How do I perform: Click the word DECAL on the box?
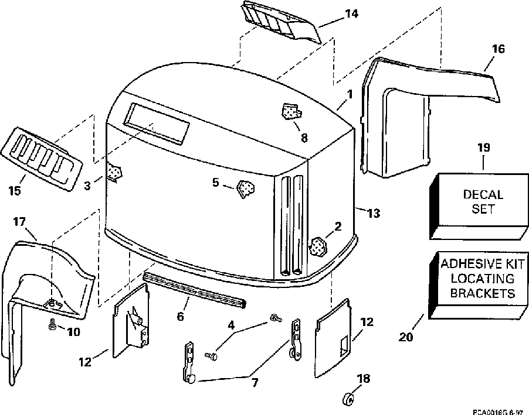coord(483,194)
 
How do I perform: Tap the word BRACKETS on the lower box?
coord(483,293)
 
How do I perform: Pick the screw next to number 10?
coord(52,324)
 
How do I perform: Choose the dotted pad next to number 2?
coord(318,246)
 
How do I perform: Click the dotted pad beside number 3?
coord(115,172)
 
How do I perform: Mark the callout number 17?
coord(19,222)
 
